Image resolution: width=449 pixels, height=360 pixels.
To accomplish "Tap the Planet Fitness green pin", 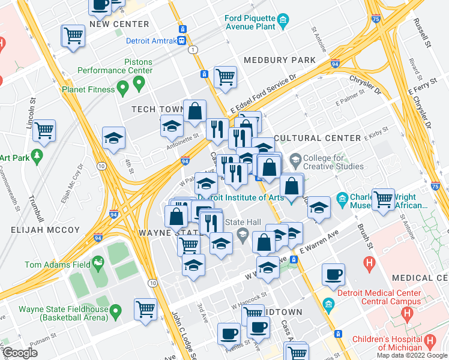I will tap(123, 89).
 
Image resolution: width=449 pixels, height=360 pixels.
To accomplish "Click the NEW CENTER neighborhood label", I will tap(119, 24).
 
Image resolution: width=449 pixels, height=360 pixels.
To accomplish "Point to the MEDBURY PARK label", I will tap(279, 60).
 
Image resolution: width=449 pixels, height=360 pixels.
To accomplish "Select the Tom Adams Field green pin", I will tap(97, 263).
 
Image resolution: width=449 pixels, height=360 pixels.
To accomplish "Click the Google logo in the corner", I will tap(20, 352).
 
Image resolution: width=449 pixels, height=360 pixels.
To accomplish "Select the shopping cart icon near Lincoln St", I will tap(45, 130).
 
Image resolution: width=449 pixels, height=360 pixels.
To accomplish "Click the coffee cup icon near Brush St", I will tap(333, 274).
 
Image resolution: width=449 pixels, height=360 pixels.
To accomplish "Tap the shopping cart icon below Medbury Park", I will tap(225, 76).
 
